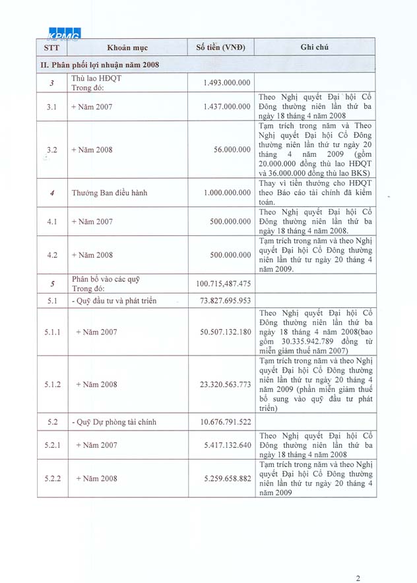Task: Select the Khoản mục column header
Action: pyautogui.click(x=127, y=47)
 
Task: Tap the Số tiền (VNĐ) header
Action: pyautogui.click(x=220, y=47)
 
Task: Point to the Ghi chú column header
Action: pyautogui.click(x=315, y=47)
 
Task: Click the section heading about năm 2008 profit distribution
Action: pyautogui.click(x=100, y=65)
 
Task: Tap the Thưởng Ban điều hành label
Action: pyautogui.click(x=109, y=193)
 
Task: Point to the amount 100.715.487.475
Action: pyautogui.click(x=223, y=284)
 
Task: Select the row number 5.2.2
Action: pyautogui.click(x=53, y=478)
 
